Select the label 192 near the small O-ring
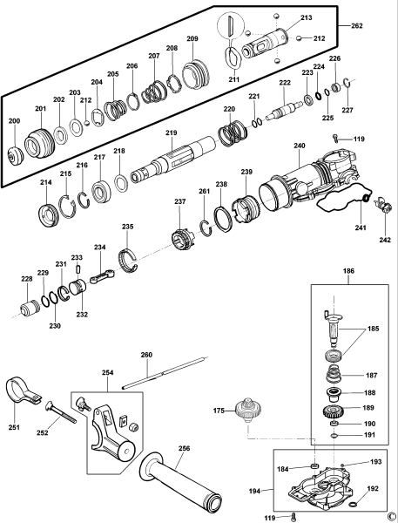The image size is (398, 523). (x=373, y=489)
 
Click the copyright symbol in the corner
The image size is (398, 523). (x=391, y=515)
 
